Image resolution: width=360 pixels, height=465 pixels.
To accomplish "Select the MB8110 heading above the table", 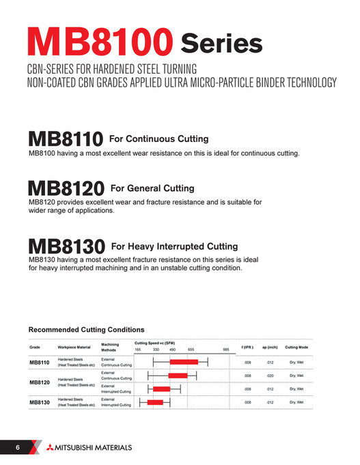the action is tap(65, 140).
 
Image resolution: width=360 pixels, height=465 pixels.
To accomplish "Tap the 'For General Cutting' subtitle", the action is tap(152, 188).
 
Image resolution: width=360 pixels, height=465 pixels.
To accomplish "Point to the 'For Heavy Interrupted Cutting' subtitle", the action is tap(174, 246).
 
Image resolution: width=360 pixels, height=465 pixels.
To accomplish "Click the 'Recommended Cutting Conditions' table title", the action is tap(86, 330).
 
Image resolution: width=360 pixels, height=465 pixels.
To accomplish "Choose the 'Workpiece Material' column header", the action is tap(75, 347).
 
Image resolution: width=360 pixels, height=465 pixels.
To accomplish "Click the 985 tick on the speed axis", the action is tap(225, 350).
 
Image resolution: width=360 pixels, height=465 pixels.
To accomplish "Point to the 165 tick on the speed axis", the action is tap(137, 350).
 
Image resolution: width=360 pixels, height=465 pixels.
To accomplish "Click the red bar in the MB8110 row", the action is tap(184, 362).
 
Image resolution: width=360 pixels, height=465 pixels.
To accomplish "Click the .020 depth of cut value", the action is tap(270, 376).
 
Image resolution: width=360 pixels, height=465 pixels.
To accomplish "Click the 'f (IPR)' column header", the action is tap(247, 347).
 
